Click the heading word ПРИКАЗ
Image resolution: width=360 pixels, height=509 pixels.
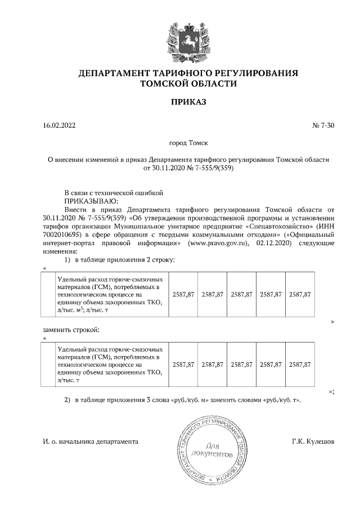(x=188, y=102)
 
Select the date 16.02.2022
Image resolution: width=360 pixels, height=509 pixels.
(x=58, y=125)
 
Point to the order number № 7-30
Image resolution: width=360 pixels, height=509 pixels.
(x=323, y=125)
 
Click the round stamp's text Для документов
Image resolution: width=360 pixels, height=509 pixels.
(x=211, y=447)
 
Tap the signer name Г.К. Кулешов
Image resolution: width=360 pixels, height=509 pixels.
(x=313, y=442)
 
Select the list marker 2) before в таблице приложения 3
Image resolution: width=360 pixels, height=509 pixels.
(x=66, y=400)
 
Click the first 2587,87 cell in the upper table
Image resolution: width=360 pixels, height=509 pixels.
(x=183, y=294)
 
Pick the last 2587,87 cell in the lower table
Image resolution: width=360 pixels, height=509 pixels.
(x=300, y=364)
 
